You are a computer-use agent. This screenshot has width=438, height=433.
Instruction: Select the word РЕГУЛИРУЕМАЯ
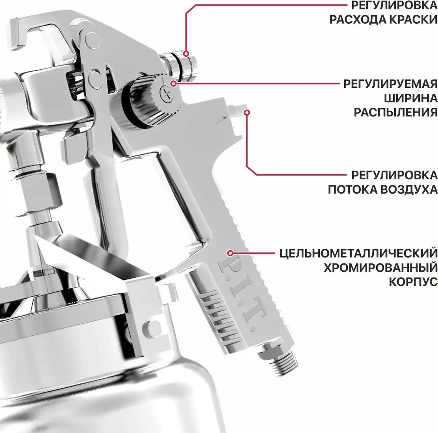[390, 84]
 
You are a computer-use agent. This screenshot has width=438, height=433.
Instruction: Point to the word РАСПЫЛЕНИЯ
[395, 113]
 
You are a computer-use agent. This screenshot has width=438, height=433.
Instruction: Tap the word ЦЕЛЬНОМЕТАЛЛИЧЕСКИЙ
[358, 252]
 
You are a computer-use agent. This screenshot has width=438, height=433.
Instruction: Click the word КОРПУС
[413, 282]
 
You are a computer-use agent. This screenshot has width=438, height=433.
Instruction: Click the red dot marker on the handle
[230, 252]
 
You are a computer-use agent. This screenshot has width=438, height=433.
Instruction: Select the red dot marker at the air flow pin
[247, 112]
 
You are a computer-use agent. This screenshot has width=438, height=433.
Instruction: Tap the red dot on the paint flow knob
[187, 53]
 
